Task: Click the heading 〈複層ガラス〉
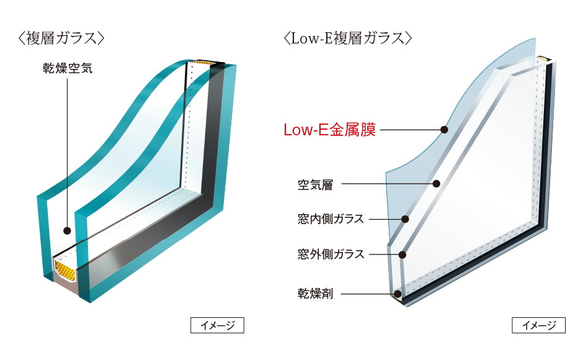click(x=60, y=38)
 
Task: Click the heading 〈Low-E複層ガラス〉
click(x=347, y=38)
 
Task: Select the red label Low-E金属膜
click(x=329, y=130)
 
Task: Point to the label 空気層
click(x=315, y=184)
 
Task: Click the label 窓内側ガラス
click(x=331, y=219)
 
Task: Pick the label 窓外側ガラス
click(x=331, y=254)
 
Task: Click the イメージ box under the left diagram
click(x=217, y=325)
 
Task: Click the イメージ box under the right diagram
click(x=538, y=325)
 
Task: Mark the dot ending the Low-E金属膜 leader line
click(x=444, y=130)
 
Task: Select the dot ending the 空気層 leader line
click(x=437, y=184)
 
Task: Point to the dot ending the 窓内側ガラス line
click(x=406, y=218)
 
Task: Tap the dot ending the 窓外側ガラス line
click(x=403, y=254)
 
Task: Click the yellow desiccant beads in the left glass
click(x=65, y=270)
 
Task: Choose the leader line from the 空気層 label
click(x=385, y=184)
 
